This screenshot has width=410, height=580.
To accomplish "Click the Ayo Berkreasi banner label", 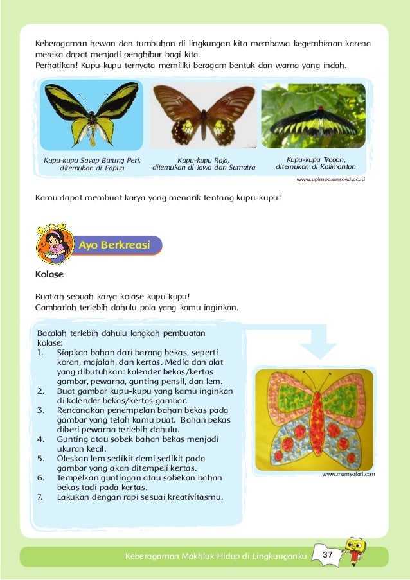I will click(114, 245).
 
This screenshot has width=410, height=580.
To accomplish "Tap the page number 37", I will click(327, 554).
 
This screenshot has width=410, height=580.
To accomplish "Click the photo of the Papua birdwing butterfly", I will click(92, 114).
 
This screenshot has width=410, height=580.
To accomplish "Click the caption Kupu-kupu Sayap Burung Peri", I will click(92, 160).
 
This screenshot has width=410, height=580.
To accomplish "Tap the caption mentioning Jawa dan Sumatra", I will click(204, 168).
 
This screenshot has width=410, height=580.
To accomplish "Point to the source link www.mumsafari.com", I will click(348, 473).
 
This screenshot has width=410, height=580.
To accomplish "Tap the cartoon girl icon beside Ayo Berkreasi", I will click(54, 245).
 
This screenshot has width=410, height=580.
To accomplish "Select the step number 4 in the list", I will click(40, 439).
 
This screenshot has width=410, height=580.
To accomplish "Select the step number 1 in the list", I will click(40, 353).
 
